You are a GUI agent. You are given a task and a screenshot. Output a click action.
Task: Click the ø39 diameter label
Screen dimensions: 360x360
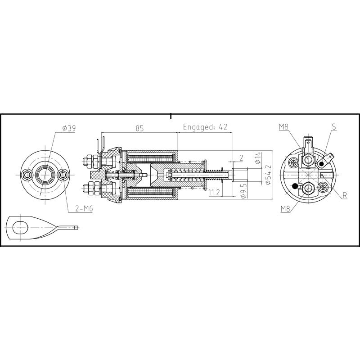[x=69, y=129]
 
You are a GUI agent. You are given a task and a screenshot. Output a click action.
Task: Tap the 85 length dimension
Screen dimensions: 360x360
[x=139, y=128]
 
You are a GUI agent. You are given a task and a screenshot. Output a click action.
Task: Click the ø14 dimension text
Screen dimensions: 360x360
[x=257, y=158]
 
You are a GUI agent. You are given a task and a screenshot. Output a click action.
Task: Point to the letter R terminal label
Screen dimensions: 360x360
[x=343, y=196]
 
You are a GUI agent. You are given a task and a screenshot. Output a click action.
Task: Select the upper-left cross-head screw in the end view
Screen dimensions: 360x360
[x=294, y=162]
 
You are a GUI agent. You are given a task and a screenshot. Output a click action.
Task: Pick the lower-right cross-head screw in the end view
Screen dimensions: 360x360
[x=324, y=186]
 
